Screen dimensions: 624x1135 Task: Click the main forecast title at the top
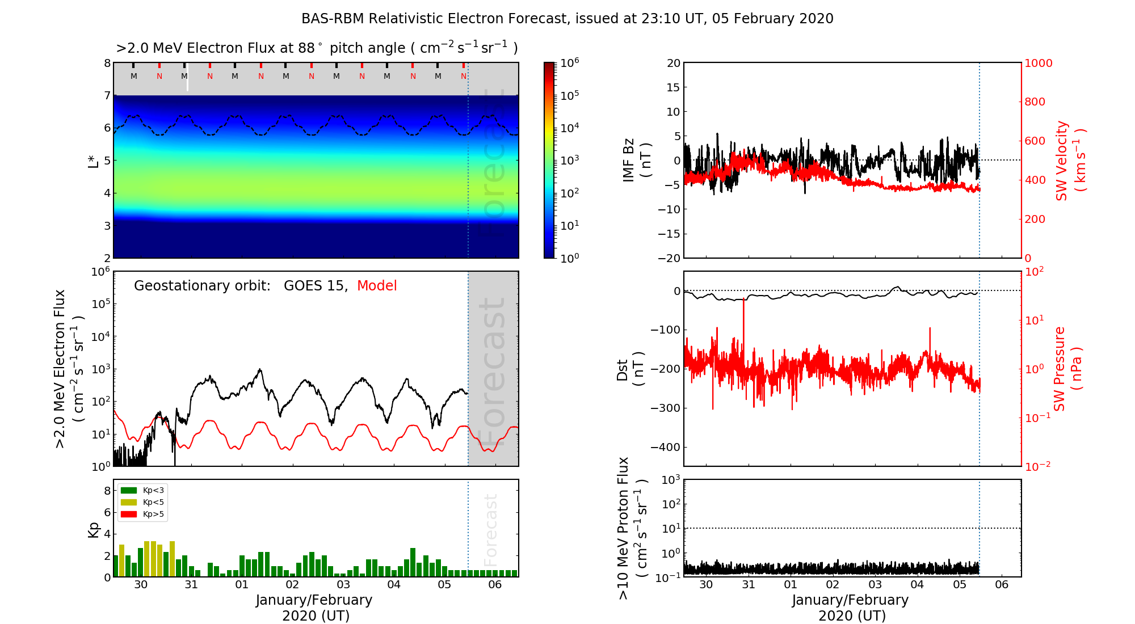point(567,19)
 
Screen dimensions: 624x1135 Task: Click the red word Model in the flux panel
point(377,286)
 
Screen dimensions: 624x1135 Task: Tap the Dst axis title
point(630,369)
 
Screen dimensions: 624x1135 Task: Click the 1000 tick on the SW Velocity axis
point(1039,63)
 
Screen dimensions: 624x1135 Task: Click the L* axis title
point(94,161)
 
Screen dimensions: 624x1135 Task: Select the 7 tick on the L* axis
point(107,95)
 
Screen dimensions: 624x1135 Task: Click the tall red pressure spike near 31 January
point(743,318)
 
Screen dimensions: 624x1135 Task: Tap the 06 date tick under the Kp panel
point(495,585)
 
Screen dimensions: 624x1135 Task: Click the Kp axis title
point(94,529)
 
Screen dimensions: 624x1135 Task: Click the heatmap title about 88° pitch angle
point(317,48)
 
